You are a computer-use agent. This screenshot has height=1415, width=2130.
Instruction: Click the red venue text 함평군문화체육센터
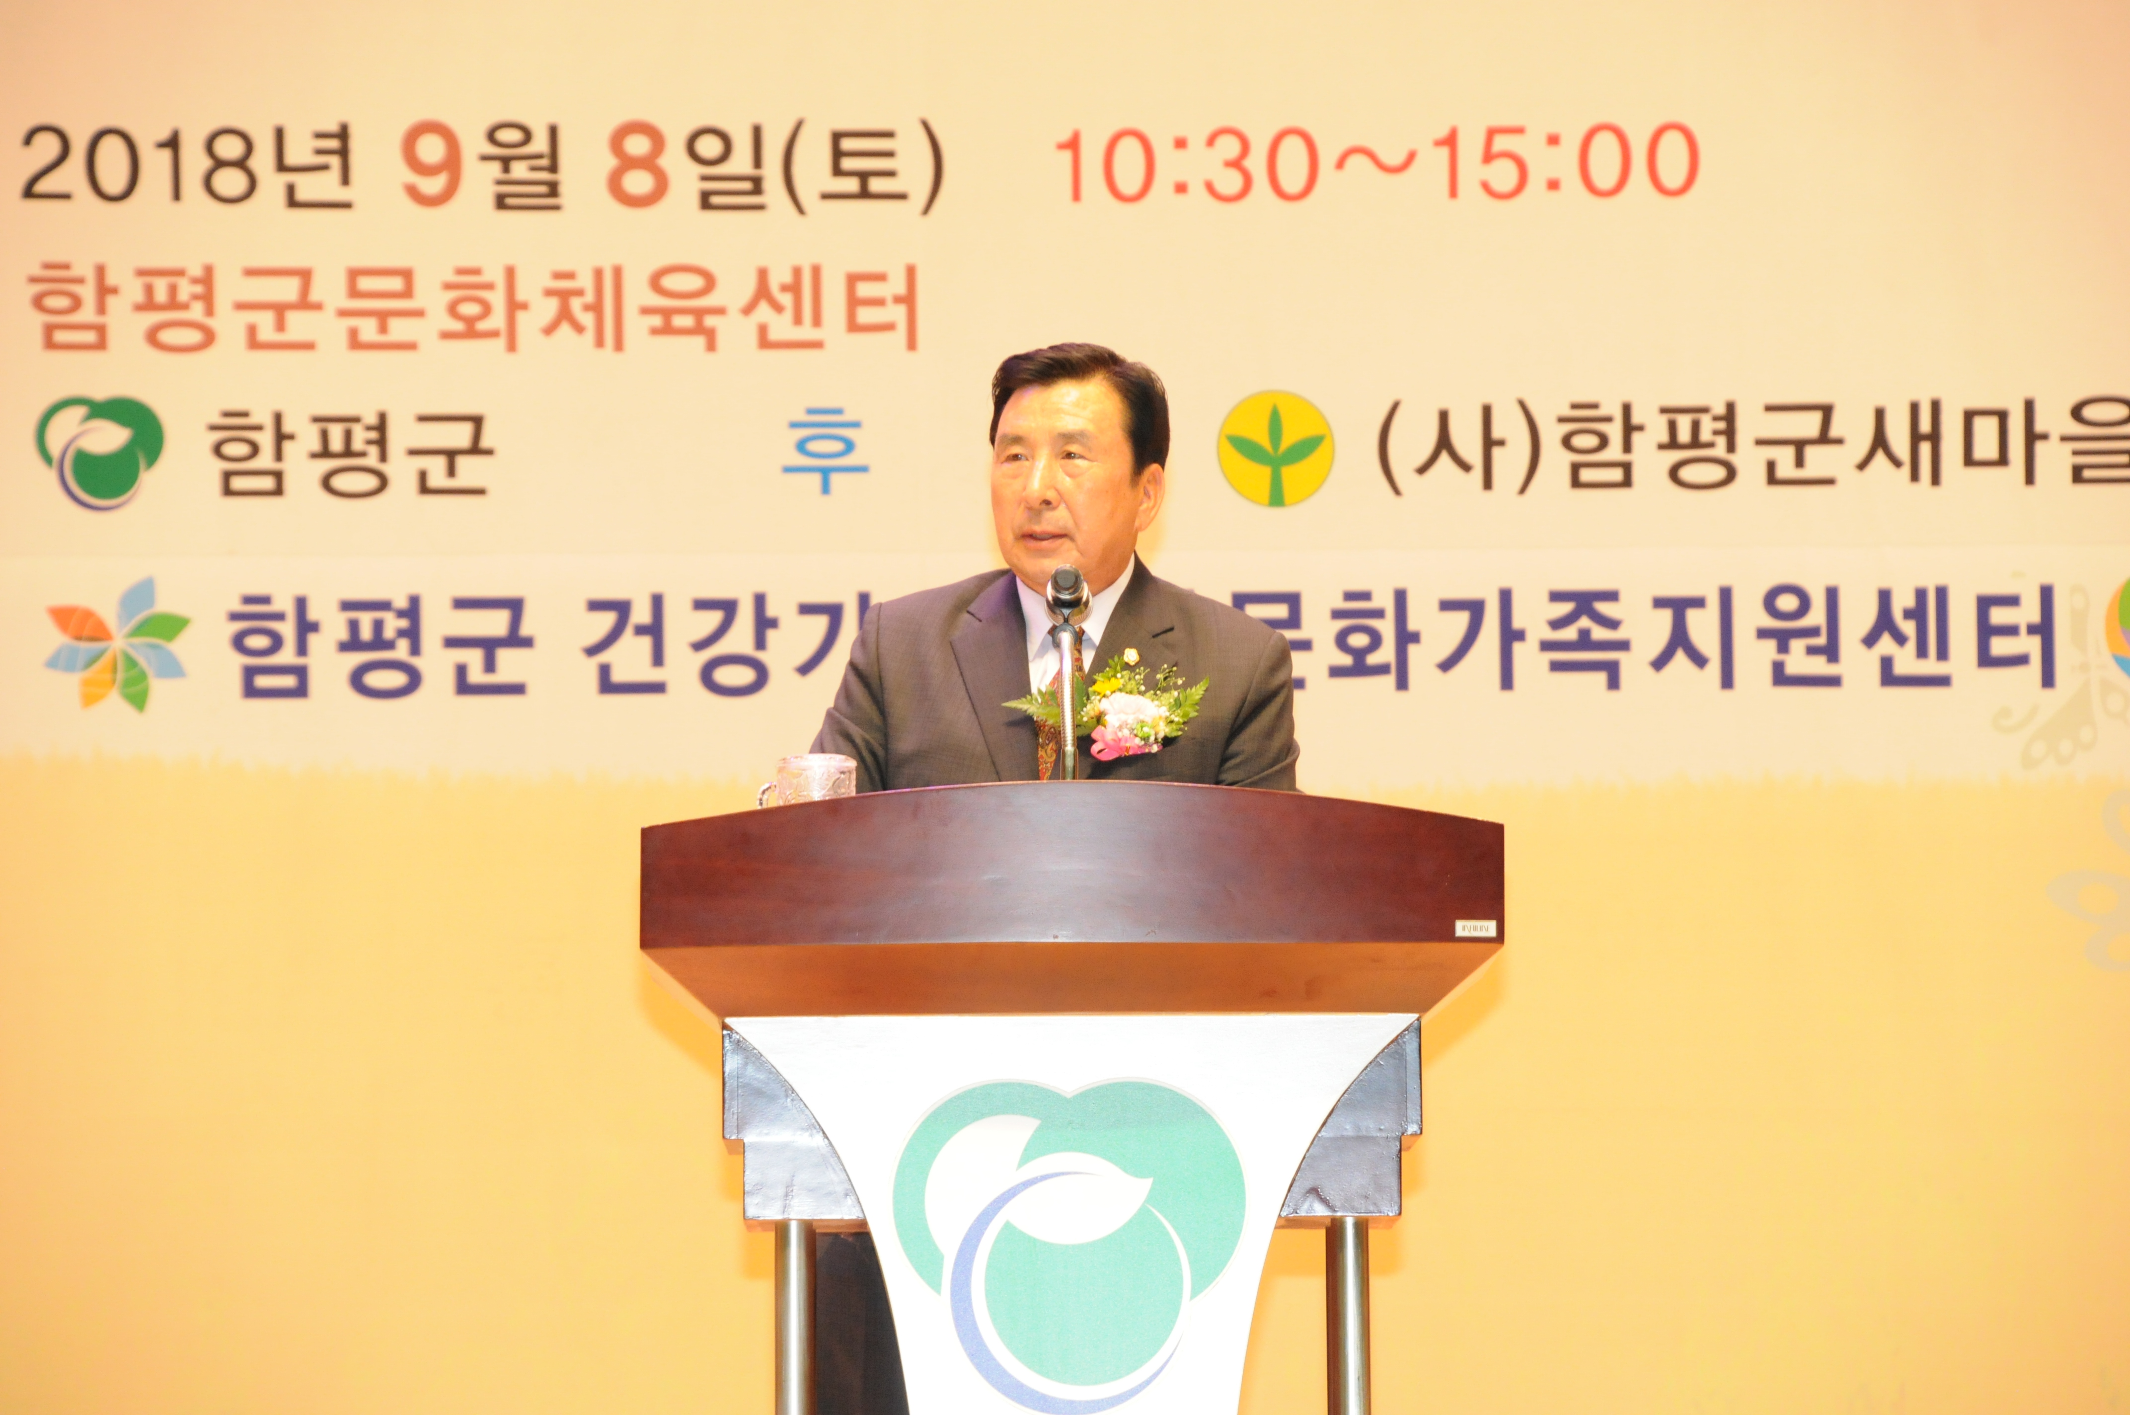(473, 308)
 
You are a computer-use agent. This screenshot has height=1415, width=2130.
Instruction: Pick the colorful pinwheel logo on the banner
(117, 643)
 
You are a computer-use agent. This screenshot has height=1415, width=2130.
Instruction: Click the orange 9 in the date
(431, 167)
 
